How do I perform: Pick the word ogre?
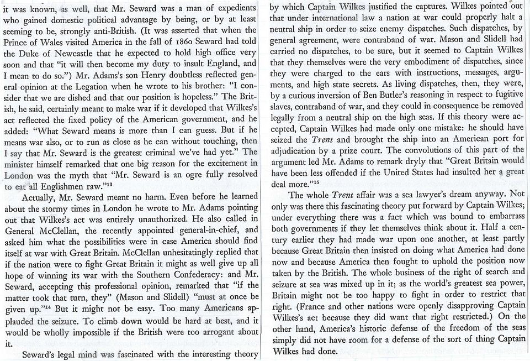point(162,176)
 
